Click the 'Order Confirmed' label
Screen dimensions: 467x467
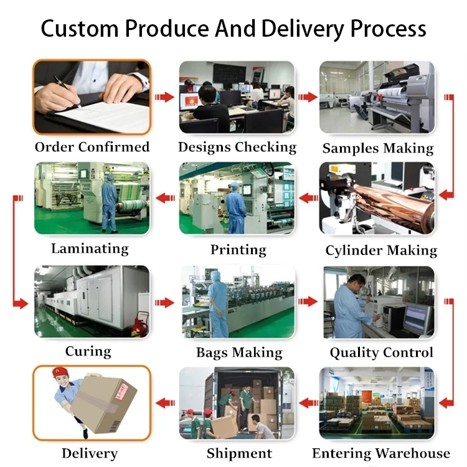point(92,147)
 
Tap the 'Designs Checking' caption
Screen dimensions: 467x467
point(237,147)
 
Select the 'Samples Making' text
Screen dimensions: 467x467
point(378,148)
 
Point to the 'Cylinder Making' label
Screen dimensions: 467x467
point(381,250)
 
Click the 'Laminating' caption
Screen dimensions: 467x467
point(90,248)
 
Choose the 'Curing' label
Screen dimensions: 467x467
point(88,351)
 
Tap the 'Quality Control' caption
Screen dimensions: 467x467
point(381,352)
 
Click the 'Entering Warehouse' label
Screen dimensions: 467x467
point(381,453)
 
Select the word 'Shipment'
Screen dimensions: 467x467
point(239,453)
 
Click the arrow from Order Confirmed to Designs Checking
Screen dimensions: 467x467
point(164,97)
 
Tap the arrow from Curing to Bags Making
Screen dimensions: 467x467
point(164,303)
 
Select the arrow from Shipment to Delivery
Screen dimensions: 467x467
point(164,403)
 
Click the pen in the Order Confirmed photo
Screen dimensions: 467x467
point(67,91)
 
